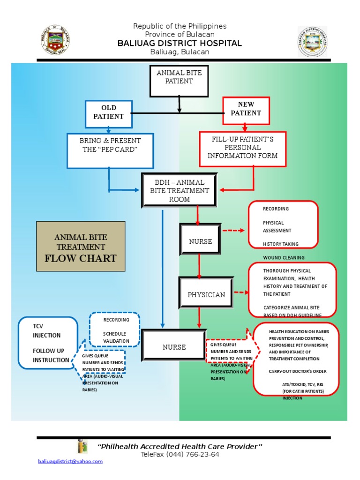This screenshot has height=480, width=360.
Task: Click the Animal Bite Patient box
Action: point(179,81)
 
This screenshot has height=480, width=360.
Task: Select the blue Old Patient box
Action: point(108,112)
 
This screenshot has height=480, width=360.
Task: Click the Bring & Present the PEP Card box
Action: point(110,150)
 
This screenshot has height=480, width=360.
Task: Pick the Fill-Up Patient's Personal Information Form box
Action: point(242,149)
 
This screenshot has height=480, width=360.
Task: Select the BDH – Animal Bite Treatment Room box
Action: point(179,190)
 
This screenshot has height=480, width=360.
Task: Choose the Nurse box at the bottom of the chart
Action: point(174,347)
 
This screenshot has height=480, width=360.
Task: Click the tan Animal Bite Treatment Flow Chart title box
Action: point(81,247)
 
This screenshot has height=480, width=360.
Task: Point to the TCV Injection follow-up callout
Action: point(47,343)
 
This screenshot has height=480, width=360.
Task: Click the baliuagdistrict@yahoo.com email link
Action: point(70,462)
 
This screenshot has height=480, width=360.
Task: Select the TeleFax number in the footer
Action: point(180,455)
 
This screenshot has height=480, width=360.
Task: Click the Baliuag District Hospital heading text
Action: point(180,44)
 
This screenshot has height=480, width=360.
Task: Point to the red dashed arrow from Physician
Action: point(240,293)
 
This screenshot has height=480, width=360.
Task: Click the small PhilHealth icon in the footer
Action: point(82,447)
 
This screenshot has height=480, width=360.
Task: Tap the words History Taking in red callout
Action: point(280,244)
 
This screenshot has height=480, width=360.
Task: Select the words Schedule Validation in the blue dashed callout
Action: point(116,337)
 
